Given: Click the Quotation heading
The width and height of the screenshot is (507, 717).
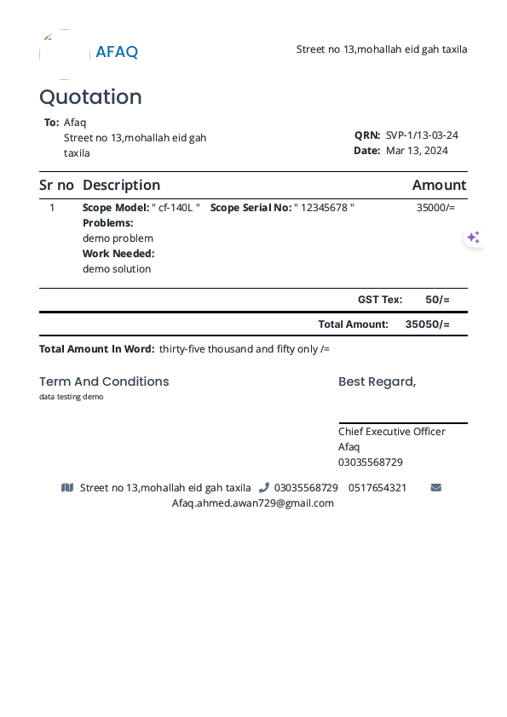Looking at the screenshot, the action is click(90, 97).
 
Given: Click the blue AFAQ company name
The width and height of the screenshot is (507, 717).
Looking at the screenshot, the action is click(117, 52).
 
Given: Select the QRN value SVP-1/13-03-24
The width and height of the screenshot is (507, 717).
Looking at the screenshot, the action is click(422, 135).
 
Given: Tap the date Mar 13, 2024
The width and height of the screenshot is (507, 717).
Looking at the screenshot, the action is click(417, 151).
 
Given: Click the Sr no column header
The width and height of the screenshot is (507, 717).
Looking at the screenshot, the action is click(56, 185).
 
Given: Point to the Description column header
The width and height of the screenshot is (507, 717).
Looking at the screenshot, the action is click(121, 185).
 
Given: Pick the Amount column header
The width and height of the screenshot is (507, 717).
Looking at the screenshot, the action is click(439, 185).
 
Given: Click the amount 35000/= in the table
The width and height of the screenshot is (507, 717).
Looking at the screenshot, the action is click(435, 207).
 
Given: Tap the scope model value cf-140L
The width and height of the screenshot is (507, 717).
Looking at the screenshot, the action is click(176, 208).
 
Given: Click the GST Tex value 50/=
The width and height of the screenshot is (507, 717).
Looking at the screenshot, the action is click(437, 300).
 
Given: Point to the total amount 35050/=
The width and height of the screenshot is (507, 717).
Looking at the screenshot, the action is click(427, 324).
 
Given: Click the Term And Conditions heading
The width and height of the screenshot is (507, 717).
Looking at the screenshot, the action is click(104, 381).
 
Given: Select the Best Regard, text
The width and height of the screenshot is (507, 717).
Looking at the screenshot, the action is click(377, 381).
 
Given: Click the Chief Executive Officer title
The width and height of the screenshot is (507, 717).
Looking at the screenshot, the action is click(391, 432).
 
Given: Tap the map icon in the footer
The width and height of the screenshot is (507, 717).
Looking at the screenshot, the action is click(67, 488).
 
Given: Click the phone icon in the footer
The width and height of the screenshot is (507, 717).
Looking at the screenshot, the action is click(264, 488).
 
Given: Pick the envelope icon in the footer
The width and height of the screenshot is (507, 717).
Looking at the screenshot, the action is click(436, 488).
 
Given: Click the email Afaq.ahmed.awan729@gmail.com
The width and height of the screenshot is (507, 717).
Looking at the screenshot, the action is click(253, 503).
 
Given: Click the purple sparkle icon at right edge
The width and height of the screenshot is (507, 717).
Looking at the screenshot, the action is click(473, 238).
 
